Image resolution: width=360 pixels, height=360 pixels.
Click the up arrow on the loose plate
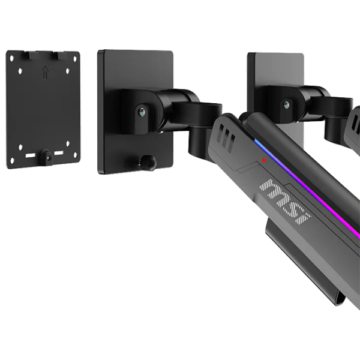46,73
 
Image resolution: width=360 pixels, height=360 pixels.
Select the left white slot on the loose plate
30,155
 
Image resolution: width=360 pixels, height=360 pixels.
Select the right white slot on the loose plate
59,153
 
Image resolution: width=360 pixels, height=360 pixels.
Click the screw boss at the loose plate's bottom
47,157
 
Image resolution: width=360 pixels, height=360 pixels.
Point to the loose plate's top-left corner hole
12,58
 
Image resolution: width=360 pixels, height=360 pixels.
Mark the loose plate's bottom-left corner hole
13,160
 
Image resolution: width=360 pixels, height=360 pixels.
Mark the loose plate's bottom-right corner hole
76,156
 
